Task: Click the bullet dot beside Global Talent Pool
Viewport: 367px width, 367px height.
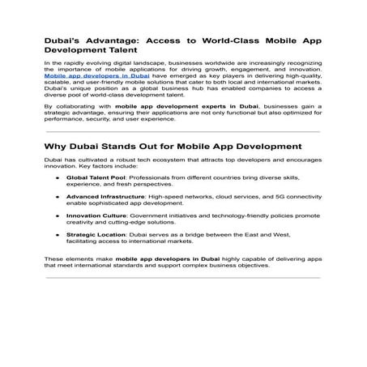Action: coord(57,176)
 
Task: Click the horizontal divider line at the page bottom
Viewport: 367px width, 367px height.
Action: coord(182,279)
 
